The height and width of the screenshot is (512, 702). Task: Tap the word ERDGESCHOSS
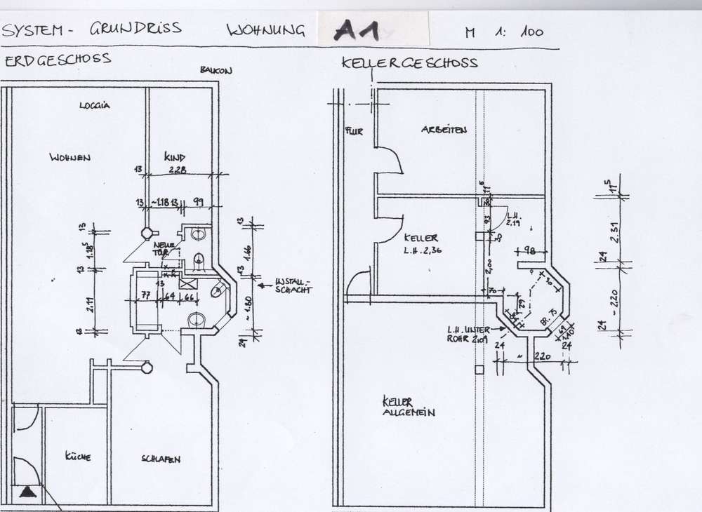point(58,60)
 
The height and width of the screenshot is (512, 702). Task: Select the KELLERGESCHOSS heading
point(409,62)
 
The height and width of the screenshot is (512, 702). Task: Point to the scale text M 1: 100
point(504,32)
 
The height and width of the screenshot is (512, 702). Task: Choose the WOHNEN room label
point(69,157)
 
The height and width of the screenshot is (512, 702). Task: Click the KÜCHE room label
point(77,457)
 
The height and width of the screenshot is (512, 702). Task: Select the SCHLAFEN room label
point(161,459)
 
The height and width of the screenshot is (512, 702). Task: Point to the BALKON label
point(216,70)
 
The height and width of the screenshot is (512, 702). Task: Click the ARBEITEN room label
point(444,130)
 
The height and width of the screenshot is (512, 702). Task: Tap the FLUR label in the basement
point(354,131)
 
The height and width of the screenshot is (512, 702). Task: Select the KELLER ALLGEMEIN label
point(408,407)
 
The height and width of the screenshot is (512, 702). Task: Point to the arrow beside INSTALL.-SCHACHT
point(266,285)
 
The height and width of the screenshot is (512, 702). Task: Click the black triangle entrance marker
point(27,493)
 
